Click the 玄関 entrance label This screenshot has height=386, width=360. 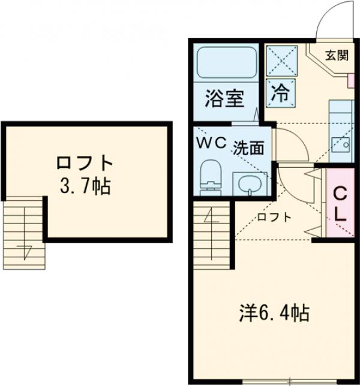point(337,56)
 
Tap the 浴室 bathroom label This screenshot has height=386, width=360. point(226,98)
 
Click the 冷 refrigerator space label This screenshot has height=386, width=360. point(281,92)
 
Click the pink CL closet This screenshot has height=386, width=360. point(340,203)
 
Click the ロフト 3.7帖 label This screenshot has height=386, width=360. point(85,173)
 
